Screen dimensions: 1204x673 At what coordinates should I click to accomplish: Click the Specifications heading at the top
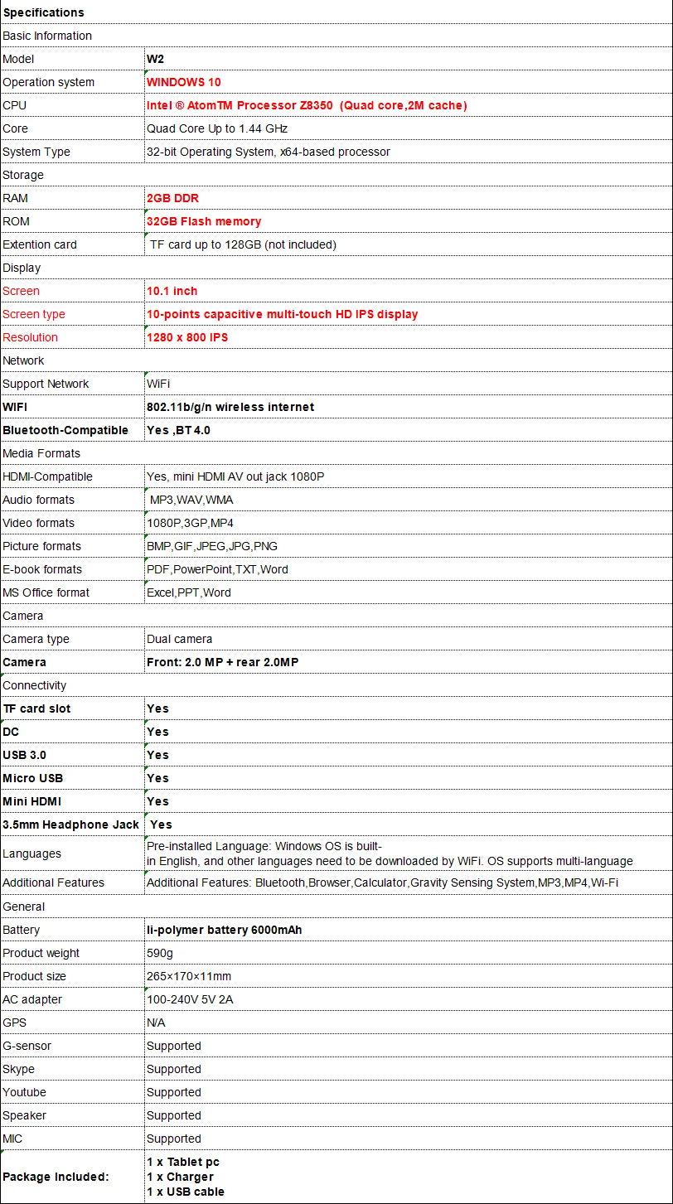43,12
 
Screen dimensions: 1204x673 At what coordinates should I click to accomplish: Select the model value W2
155,59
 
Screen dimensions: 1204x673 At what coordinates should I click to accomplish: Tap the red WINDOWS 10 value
183,82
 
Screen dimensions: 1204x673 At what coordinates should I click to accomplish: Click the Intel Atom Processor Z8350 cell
307,105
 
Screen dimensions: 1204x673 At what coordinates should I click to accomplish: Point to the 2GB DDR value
172,198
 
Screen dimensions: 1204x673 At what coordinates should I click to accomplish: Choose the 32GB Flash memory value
204,221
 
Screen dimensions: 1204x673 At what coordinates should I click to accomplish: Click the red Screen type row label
33,314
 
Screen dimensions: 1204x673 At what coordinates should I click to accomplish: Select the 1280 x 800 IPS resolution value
187,337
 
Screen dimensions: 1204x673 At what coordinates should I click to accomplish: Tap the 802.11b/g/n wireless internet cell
230,407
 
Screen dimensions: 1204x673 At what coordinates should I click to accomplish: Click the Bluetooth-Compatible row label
65,430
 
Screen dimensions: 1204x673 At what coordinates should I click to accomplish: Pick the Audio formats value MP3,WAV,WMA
191,500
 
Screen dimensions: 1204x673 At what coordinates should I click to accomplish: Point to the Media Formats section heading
41,453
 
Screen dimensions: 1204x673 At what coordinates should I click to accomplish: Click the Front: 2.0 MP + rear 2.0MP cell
222,662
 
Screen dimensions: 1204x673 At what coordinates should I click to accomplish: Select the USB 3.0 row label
24,755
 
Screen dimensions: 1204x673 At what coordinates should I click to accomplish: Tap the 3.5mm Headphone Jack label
70,824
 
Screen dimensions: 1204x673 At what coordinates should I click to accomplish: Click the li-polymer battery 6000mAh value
224,930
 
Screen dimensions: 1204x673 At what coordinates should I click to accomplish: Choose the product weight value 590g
160,953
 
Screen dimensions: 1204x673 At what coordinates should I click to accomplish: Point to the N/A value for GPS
156,1023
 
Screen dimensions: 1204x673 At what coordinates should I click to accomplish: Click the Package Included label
56,1177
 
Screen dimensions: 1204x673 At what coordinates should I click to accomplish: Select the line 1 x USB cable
186,1192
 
